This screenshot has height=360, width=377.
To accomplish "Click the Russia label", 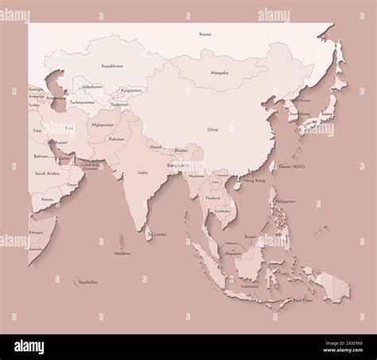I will tap(205, 34).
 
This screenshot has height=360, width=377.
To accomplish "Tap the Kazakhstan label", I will tap(112, 66).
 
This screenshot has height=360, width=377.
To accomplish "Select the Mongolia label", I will tap(219, 72).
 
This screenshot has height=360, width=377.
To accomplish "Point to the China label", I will tap(212, 129).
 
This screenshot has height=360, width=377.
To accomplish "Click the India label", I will tap(142, 172).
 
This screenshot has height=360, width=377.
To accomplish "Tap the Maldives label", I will tap(122, 254).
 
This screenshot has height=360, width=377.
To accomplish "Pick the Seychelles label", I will tap(88, 281).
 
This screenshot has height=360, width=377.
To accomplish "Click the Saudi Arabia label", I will tap(48, 172).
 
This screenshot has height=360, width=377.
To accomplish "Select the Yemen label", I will tap(48, 199).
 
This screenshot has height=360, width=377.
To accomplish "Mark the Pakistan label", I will tap(116, 139).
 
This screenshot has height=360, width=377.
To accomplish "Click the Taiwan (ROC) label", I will tap(291, 167).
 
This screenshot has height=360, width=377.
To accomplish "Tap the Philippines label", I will tap(286, 202).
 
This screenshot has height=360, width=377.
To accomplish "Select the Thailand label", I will tap(212, 197).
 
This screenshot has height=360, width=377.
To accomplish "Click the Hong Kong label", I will tap(254, 181).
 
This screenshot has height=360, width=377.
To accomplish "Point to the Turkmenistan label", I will tap(82, 102).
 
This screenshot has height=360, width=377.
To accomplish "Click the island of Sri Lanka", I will tap(149, 230).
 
